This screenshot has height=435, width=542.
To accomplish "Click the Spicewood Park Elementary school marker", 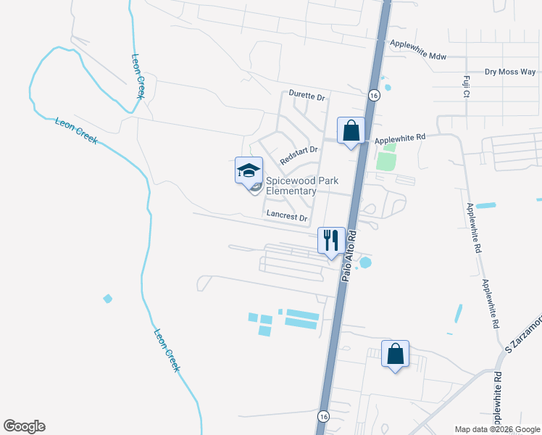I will tap(249, 172).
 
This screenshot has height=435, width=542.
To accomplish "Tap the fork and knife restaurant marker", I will tap(331, 240).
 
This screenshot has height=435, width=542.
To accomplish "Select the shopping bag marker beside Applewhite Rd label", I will tap(351, 131).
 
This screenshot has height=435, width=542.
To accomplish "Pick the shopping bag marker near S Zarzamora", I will tap(395, 354).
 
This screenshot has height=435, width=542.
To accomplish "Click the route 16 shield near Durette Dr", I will tap(373, 95).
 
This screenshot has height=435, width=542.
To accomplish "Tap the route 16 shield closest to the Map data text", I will tap(323, 415).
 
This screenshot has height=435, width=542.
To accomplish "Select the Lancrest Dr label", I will tap(288, 216).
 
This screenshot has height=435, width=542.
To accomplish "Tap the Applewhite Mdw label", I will tap(418, 50).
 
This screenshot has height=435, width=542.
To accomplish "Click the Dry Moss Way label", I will tap(510, 72).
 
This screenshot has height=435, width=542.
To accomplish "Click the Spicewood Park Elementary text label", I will tap(291, 186).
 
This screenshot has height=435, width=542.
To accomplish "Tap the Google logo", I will tap(24, 426).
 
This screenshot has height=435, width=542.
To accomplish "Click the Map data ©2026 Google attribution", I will tap(496, 429).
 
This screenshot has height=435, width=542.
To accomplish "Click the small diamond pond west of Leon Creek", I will tap(108, 299).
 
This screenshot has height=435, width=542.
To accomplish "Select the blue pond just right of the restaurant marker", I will tap(365, 262).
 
